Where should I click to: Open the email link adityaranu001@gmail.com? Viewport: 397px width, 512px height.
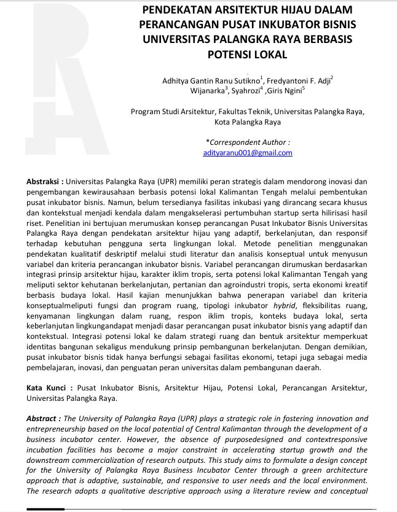pyautogui.click(x=247, y=153)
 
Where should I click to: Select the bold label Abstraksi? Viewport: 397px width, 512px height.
pyautogui.click(x=43, y=182)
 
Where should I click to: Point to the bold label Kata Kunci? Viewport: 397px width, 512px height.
pyautogui.click(x=46, y=388)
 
